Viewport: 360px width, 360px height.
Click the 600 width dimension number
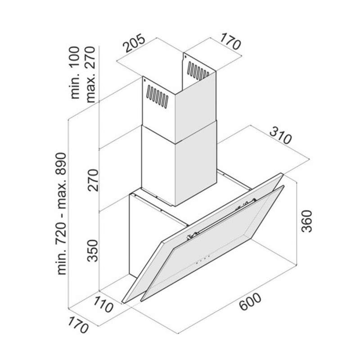point(250,304)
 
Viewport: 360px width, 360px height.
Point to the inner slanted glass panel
point(211,245)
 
